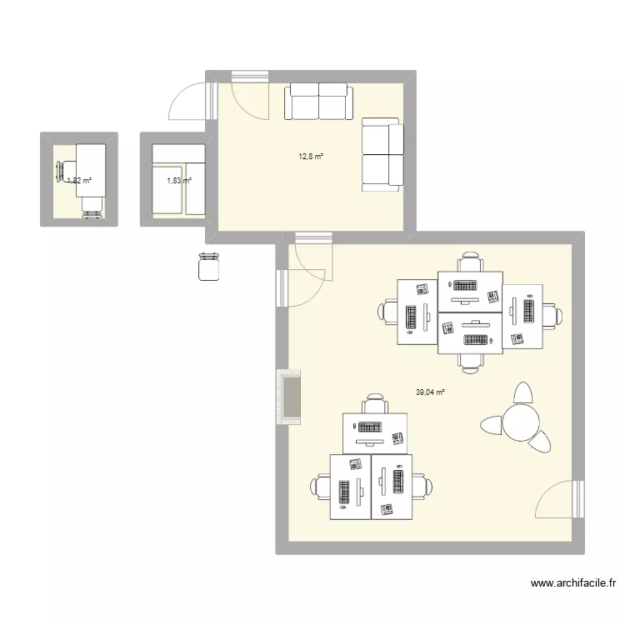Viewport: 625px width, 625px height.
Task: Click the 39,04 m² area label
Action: click(430, 392)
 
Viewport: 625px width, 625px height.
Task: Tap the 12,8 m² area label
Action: click(312, 156)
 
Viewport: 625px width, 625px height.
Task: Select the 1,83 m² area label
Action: click(179, 180)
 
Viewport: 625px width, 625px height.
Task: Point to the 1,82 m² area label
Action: click(79, 180)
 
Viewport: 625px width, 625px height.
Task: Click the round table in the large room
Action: click(520, 422)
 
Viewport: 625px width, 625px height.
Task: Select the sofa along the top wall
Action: click(318, 101)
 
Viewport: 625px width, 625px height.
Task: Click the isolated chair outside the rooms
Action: click(208, 267)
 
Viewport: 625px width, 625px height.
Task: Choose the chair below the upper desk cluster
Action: click(471, 361)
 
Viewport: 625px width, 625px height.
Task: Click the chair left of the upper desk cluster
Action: click(388, 312)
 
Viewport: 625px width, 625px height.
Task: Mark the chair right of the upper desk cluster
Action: click(552, 316)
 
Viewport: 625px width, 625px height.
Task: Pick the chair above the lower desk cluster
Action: click(376, 403)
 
